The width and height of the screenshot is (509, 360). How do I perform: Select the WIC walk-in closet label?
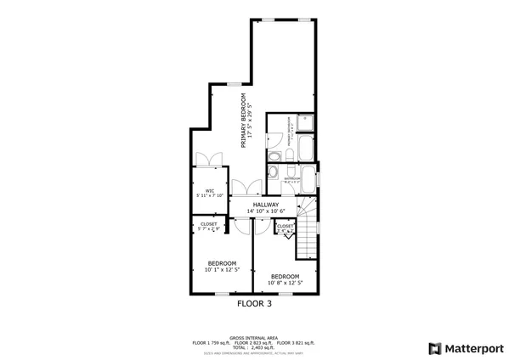point(209,190)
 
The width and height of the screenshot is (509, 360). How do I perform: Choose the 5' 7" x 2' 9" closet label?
point(209,227)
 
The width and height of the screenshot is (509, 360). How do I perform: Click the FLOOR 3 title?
point(254,301)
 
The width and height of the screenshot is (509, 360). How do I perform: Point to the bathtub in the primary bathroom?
point(306,152)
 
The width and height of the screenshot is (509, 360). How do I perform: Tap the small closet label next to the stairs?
point(286,228)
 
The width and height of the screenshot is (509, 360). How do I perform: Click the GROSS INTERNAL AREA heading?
point(254,336)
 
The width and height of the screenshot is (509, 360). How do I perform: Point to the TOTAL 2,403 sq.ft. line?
point(254,346)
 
